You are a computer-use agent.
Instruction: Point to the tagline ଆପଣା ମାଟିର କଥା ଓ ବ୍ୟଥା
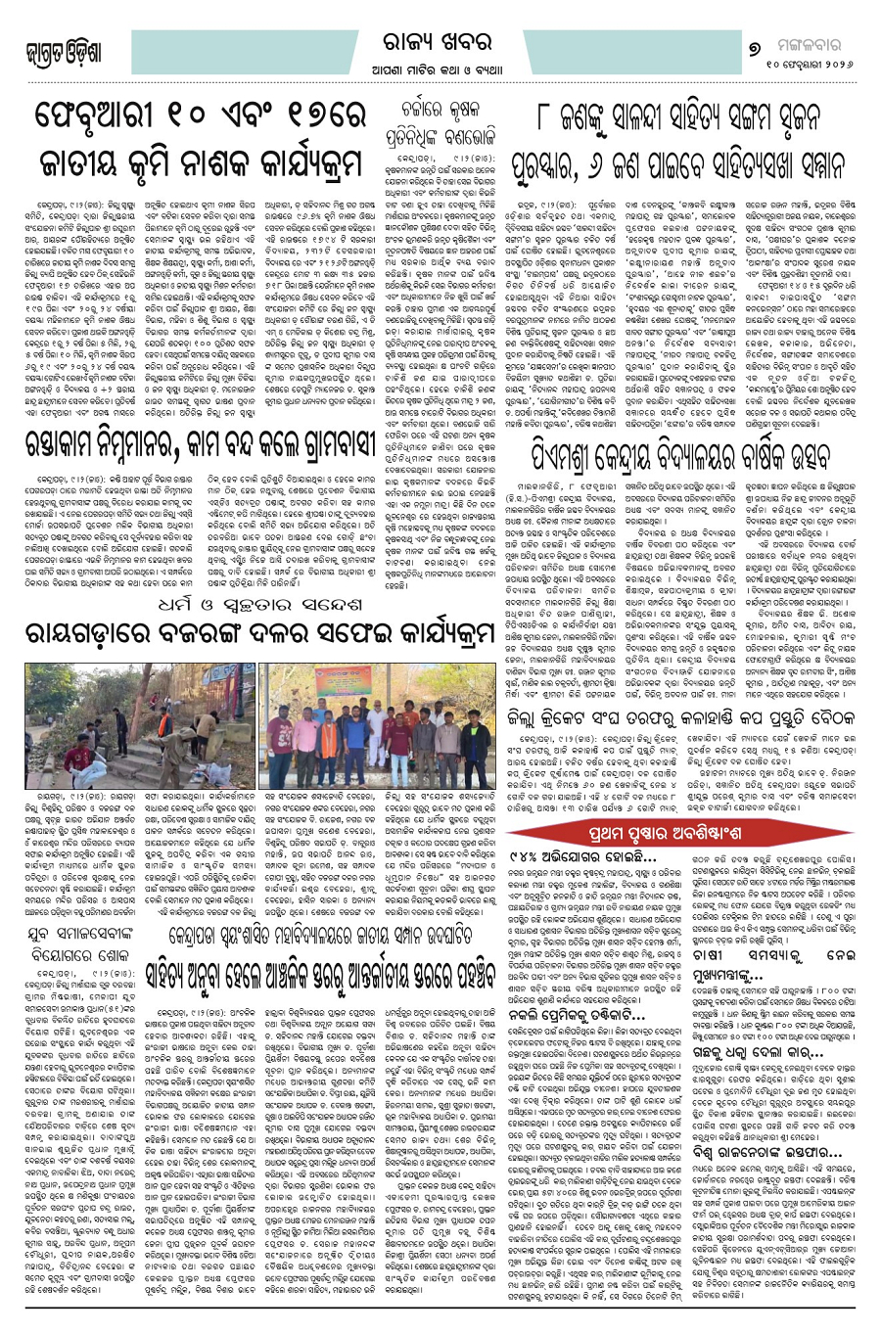coord(438,69)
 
